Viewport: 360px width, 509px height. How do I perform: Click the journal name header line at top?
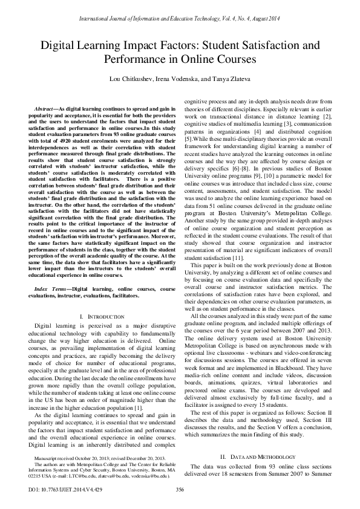180,19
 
